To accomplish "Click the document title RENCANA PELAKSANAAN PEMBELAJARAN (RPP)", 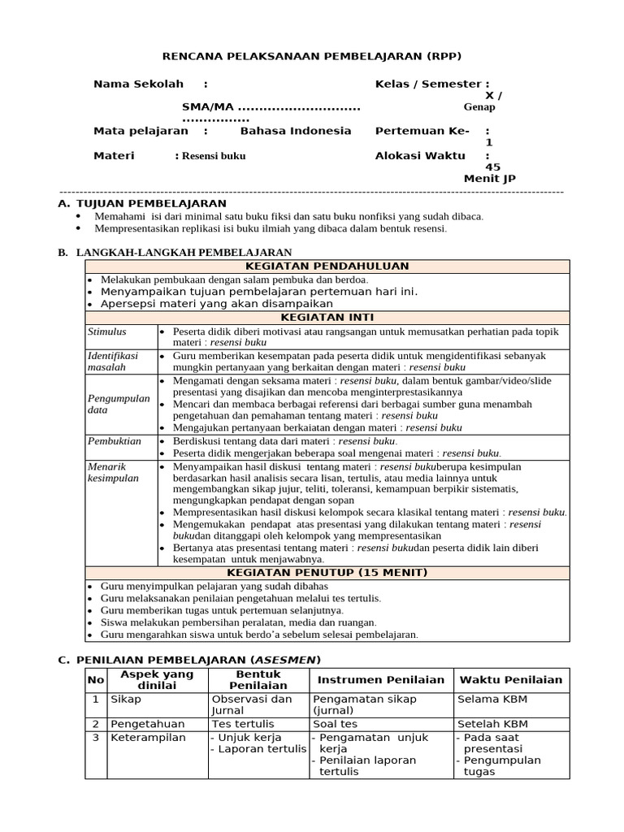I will [312, 55].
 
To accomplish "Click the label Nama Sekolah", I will [138, 84].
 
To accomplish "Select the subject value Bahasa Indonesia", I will [296, 131].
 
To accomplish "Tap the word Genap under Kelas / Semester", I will [479, 107].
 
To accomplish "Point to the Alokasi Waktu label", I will [420, 155].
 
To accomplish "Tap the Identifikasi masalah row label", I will [113, 362].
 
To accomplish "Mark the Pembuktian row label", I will [114, 441].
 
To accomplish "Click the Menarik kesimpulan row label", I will [113, 472].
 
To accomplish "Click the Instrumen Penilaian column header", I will [381, 680].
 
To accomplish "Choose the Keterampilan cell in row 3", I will [148, 738].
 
